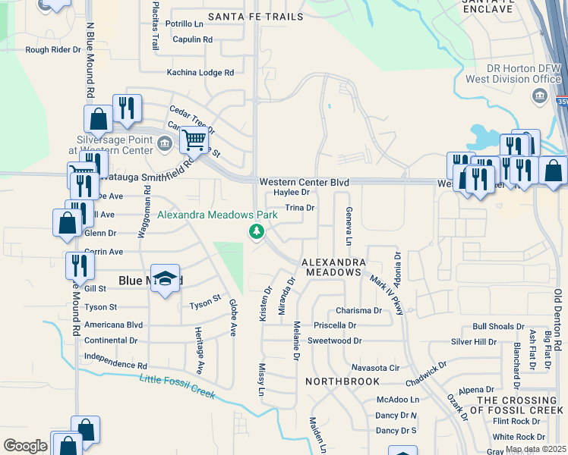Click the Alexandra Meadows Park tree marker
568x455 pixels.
pos(257,231)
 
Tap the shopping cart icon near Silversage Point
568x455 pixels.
pos(195,140)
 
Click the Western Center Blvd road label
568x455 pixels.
pos(304,183)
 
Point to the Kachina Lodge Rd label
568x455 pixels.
pos(200,73)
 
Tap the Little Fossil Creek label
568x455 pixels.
pos(178,386)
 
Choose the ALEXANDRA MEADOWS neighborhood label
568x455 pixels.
pos(331,266)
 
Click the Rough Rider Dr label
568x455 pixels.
pos(53,50)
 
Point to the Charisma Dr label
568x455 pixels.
pos(358,311)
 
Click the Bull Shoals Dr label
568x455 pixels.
pos(497,326)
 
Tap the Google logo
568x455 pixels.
pos(25,445)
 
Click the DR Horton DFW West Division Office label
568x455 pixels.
pos(513,74)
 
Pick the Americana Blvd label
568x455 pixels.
pos(114,325)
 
